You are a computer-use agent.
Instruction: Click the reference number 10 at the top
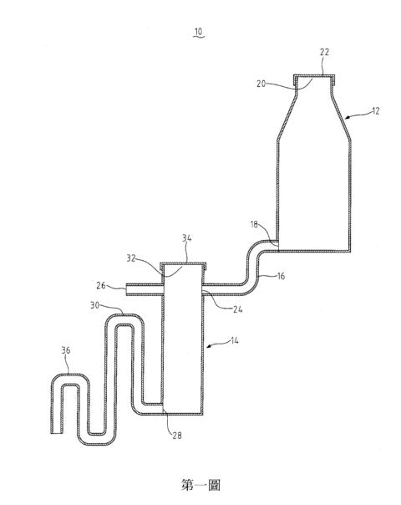tap(199, 32)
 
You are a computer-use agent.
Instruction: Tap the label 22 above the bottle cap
tap(324, 52)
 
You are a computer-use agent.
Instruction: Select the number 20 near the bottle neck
tap(261, 84)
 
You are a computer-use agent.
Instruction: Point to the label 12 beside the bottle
tap(376, 111)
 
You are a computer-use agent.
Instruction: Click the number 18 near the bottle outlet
tap(254, 224)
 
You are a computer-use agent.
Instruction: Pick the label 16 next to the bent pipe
tap(281, 276)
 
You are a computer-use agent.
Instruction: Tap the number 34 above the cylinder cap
tap(186, 238)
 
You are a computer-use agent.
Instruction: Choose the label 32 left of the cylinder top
tap(131, 258)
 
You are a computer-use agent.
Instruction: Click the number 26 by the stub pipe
tap(101, 285)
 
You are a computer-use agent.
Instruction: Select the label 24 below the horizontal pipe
tap(237, 309)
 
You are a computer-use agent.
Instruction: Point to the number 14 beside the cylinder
tap(235, 340)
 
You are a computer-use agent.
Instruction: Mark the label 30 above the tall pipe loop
tap(94, 305)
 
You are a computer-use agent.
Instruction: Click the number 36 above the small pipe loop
tap(66, 350)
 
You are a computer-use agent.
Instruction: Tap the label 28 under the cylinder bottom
tap(177, 436)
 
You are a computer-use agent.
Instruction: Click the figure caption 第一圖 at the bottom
tap(200, 485)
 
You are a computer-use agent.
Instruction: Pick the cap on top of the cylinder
tap(183, 265)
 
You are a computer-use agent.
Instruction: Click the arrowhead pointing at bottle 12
tap(347, 118)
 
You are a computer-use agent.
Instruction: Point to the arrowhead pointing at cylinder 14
tap(209, 346)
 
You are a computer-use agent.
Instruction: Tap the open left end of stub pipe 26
tap(126, 289)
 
